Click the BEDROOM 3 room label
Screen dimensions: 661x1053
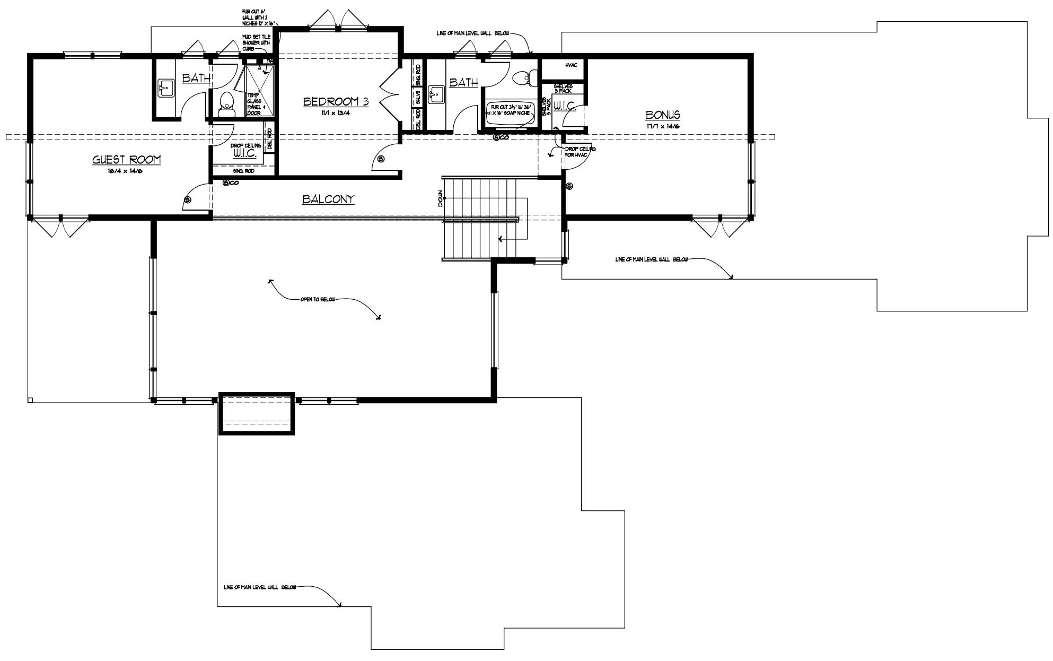[336, 101]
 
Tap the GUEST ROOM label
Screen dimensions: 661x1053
[126, 159]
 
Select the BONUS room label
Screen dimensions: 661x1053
[663, 115]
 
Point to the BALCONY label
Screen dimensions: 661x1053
[328, 199]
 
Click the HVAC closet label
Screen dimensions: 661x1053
[571, 65]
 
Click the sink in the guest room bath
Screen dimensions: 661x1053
[165, 89]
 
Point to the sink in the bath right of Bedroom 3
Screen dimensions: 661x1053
[437, 95]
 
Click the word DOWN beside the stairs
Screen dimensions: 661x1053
[440, 198]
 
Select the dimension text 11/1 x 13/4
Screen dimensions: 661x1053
[336, 113]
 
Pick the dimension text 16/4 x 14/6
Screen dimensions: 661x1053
[126, 171]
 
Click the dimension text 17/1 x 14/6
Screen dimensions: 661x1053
[663, 126]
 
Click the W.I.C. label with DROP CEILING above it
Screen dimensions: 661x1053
[245, 153]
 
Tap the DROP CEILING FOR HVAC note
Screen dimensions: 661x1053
[580, 152]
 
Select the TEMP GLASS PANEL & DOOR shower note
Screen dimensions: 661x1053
[254, 104]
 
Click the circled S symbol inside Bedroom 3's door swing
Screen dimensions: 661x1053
[381, 159]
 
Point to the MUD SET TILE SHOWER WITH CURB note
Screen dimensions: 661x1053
[257, 42]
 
